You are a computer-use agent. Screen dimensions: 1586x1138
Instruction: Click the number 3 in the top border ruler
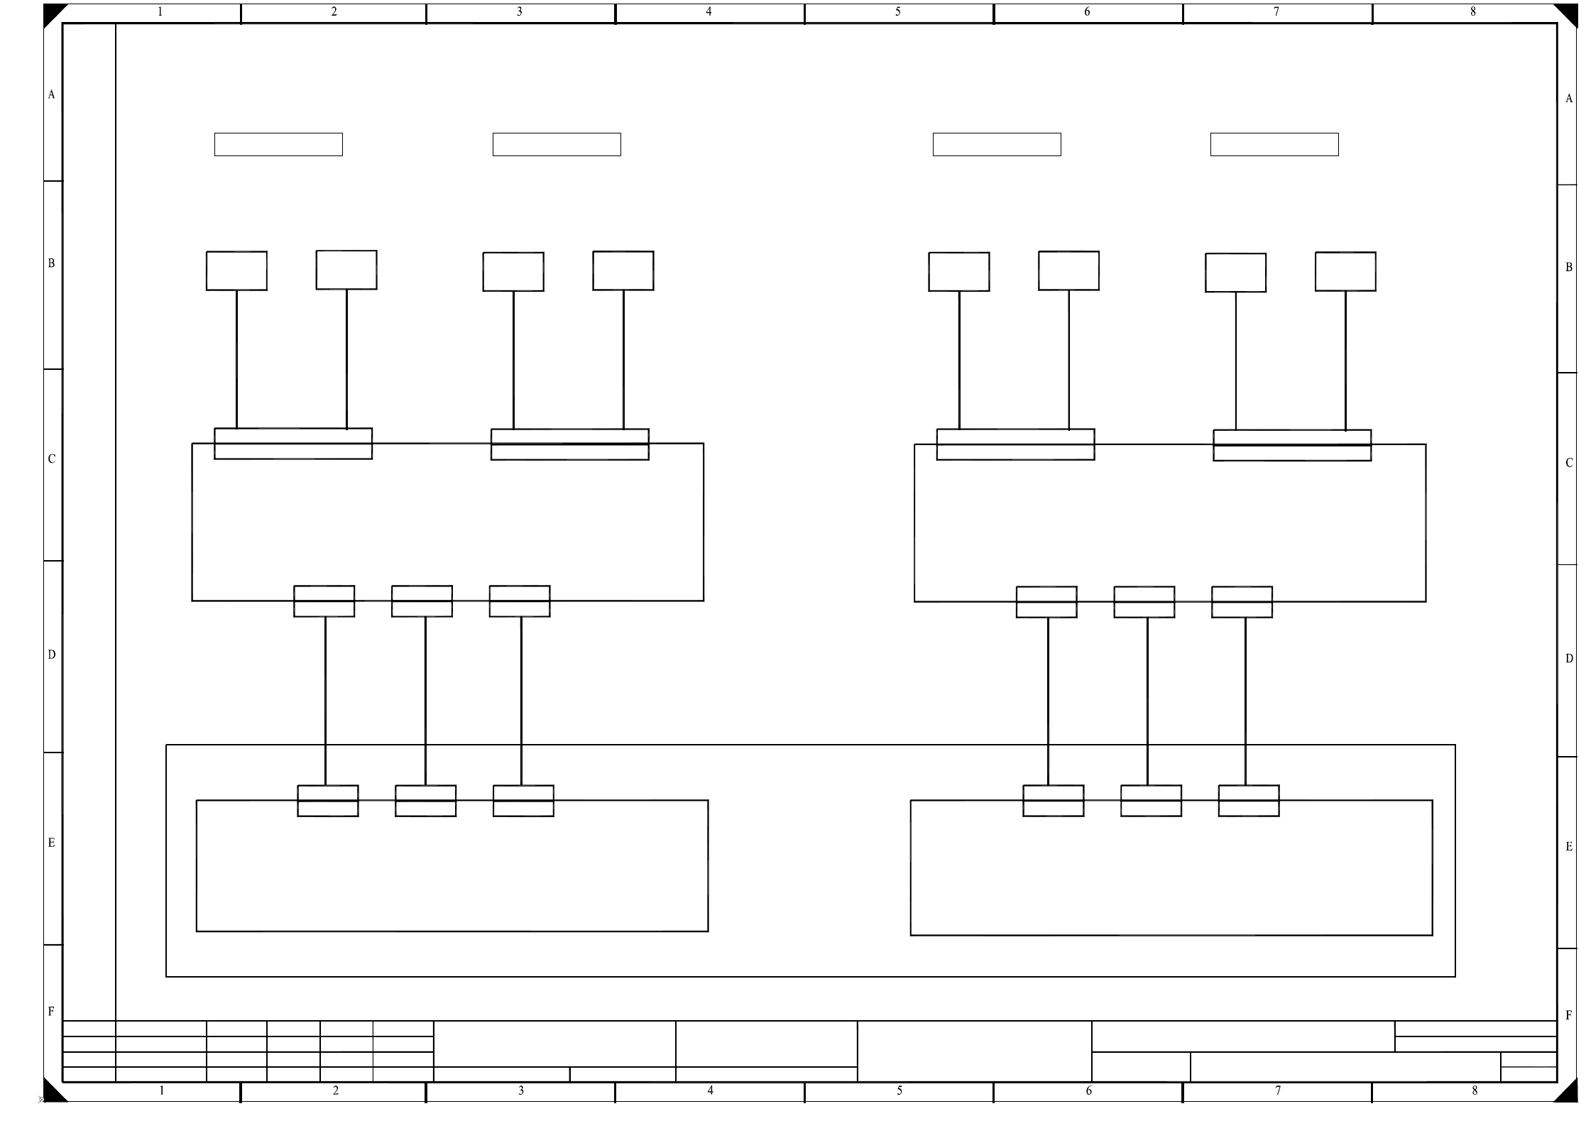point(519,12)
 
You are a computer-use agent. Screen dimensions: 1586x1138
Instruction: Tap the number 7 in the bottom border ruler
point(1278,1090)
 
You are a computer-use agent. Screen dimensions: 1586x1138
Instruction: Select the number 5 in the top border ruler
point(897,12)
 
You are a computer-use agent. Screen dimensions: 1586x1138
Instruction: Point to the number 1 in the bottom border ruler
point(162,1090)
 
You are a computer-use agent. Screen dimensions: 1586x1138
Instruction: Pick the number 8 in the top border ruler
point(1473,12)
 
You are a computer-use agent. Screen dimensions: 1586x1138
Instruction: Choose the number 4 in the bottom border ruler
point(710,1090)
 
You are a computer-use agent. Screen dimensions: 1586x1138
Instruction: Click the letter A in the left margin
point(51,94)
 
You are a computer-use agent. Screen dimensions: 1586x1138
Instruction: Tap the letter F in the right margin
point(1569,1015)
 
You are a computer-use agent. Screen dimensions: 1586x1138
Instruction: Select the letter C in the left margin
point(51,459)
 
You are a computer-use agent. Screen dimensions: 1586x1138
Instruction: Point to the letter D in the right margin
point(1569,659)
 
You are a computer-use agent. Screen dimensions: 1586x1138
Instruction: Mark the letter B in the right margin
point(1569,268)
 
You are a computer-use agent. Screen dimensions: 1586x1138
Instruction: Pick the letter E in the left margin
point(51,843)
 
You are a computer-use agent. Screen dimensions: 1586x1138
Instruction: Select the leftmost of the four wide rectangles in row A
point(278,144)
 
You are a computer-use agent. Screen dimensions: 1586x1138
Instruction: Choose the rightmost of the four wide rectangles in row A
point(1274,144)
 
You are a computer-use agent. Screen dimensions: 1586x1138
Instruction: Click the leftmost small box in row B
point(236,270)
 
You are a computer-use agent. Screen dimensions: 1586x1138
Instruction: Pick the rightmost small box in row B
point(1345,271)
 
